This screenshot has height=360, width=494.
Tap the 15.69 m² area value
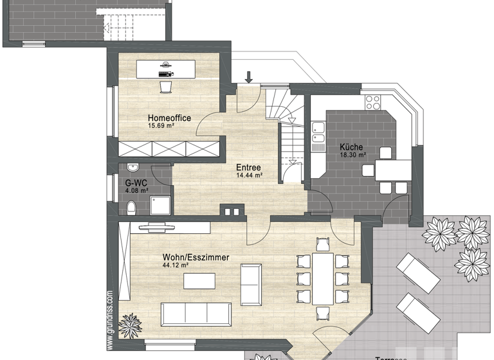[x=161, y=126]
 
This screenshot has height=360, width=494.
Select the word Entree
[x=248, y=168]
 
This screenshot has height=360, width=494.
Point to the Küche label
[x=352, y=147]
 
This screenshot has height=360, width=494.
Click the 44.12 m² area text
[x=175, y=265]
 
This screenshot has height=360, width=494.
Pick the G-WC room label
[x=136, y=183]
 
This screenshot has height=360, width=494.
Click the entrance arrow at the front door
[x=249, y=77]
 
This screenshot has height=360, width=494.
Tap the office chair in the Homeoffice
[x=165, y=85]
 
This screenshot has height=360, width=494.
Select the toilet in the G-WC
[x=131, y=207]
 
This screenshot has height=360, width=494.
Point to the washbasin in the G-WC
[x=133, y=168]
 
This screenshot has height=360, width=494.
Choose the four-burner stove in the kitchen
[x=373, y=102]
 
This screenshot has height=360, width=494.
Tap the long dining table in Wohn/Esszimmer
[x=323, y=278]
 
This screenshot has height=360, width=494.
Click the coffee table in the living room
[x=199, y=281]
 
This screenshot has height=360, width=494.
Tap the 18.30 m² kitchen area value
[x=353, y=155]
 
